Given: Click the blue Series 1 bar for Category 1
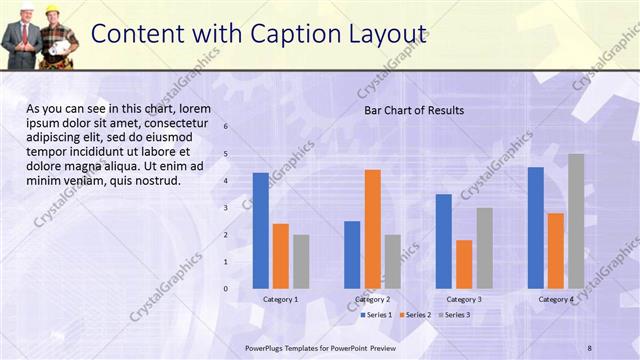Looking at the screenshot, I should (x=261, y=231).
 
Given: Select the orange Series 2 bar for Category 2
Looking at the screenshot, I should (x=372, y=229).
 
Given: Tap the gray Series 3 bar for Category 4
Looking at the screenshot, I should (x=576, y=221).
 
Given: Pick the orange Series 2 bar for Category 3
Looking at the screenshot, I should (x=464, y=264).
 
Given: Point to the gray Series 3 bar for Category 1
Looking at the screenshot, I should (x=301, y=261).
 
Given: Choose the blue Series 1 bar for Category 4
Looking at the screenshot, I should (x=536, y=228).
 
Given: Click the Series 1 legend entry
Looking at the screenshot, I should (x=377, y=315).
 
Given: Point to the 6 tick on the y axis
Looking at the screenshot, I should (x=226, y=127).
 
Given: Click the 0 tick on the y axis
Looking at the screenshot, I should (x=226, y=289).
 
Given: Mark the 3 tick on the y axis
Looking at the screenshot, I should (x=226, y=208).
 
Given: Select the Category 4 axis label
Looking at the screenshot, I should (x=556, y=300).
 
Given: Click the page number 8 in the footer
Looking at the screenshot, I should (x=590, y=347).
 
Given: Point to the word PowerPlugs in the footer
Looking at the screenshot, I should (x=266, y=347).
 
